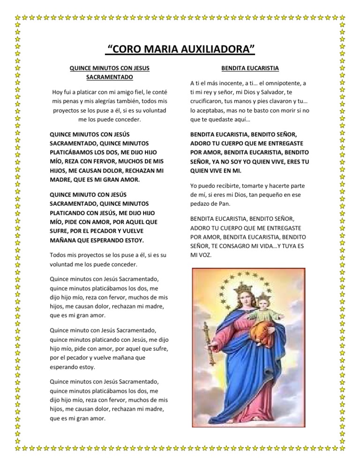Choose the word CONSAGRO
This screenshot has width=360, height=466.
click(249, 247)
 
